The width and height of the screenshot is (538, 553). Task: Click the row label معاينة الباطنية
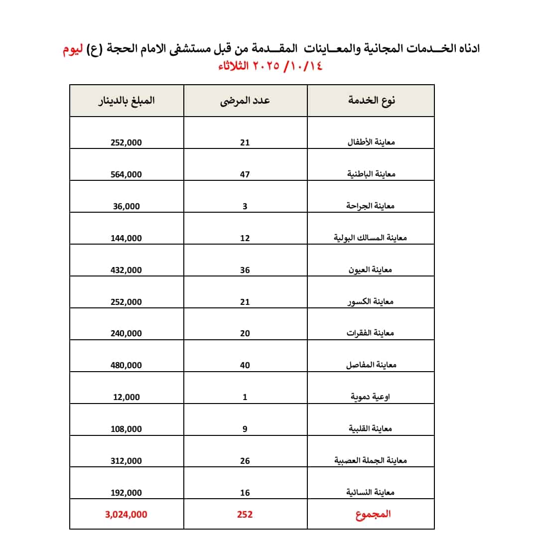point(371,174)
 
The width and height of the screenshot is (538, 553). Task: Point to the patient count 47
point(245,174)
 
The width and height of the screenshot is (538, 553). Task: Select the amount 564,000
point(126,174)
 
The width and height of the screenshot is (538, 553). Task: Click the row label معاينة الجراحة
point(371,206)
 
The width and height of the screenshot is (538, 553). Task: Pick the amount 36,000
point(126,206)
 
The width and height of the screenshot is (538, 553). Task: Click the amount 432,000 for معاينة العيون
point(126,270)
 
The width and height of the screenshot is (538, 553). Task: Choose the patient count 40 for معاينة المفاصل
point(245,365)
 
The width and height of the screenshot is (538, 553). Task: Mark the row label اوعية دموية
point(371,397)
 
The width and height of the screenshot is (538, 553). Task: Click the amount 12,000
point(126,397)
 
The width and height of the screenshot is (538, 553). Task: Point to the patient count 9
point(245,429)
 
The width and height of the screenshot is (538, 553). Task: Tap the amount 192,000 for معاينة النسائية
point(126,493)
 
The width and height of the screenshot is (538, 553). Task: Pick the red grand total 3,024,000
point(126,515)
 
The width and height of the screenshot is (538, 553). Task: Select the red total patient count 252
point(245,515)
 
